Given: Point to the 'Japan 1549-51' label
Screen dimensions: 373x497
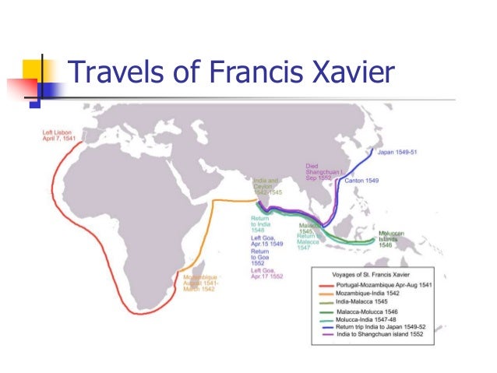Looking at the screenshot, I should click(x=397, y=152).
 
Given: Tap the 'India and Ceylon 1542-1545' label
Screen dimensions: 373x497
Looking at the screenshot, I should click(x=266, y=187).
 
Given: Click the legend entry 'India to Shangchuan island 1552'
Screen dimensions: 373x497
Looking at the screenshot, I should click(x=374, y=336).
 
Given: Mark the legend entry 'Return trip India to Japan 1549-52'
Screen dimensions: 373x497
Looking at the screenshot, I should click(x=377, y=327).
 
